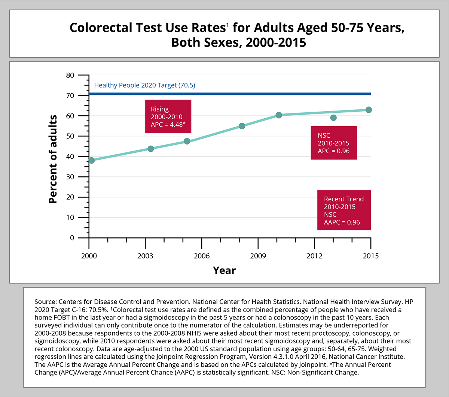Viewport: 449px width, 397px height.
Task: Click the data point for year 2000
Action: click(x=91, y=160)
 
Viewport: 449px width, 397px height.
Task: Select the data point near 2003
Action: click(x=151, y=149)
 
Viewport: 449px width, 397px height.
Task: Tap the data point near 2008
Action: click(x=242, y=126)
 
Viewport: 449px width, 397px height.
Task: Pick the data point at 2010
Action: click(x=279, y=115)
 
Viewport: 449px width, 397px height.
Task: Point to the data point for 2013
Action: click(x=333, y=118)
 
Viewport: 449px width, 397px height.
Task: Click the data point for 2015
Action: click(x=369, y=110)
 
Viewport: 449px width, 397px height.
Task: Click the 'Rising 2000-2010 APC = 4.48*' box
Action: click(x=168, y=116)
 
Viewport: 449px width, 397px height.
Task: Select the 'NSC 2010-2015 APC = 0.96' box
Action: click(x=333, y=143)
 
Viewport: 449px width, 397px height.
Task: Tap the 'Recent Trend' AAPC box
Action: click(x=344, y=210)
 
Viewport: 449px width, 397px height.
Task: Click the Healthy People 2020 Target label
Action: click(x=144, y=85)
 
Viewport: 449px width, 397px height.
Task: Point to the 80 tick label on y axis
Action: click(x=70, y=75)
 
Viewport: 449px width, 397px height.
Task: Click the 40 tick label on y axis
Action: click(x=70, y=157)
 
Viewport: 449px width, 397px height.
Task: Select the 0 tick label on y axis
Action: click(x=72, y=238)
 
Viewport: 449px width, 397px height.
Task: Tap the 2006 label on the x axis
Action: click(x=202, y=256)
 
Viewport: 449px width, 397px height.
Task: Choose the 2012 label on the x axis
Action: click(x=314, y=256)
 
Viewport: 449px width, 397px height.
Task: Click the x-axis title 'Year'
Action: click(x=224, y=270)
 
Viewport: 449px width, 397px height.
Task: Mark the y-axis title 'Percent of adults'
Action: click(x=53, y=159)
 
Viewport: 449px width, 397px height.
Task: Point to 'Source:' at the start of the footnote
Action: click(x=45, y=302)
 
